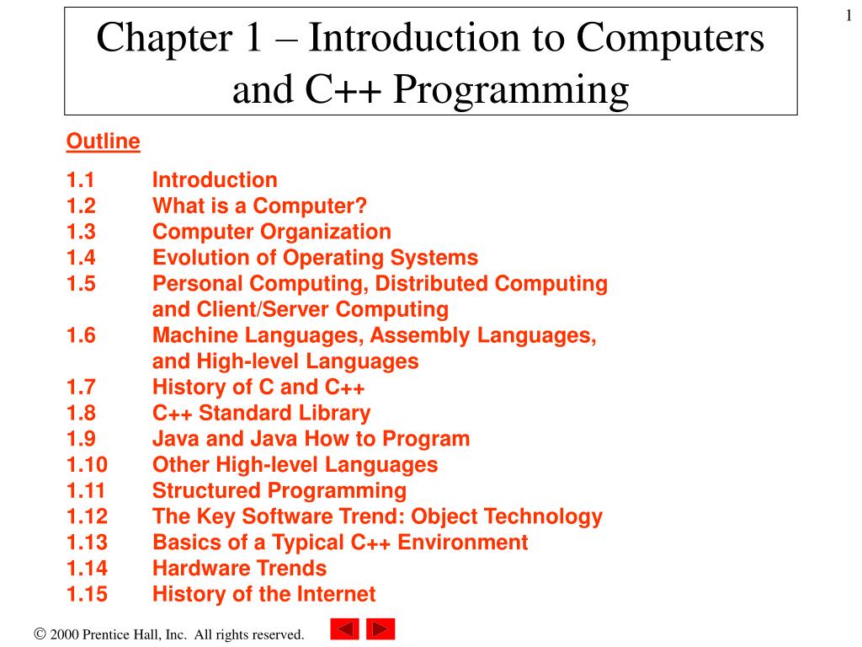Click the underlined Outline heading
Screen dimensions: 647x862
[x=103, y=142]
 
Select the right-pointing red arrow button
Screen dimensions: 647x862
[x=380, y=629]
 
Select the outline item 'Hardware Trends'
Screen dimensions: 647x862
[x=239, y=569]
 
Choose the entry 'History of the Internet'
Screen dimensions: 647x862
[x=263, y=594]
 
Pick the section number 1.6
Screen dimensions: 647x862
[x=81, y=335]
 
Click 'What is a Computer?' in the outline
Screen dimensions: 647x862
[x=259, y=206]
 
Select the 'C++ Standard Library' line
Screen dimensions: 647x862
[x=261, y=413]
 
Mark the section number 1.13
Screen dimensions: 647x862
[x=87, y=543]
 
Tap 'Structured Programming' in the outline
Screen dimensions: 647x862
[x=279, y=490]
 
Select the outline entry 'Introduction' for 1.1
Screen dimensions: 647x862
[x=215, y=180]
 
